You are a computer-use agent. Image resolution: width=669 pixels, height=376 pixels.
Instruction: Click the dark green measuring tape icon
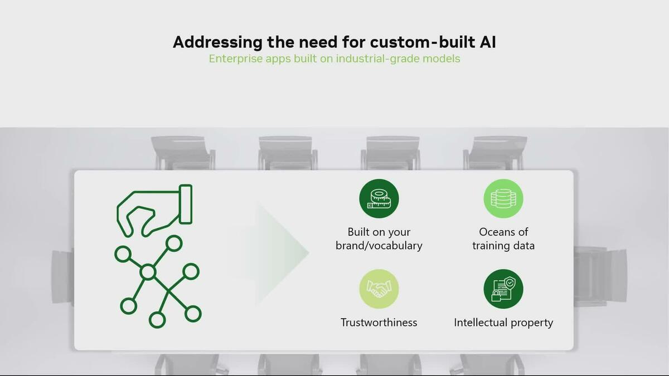pyautogui.click(x=379, y=199)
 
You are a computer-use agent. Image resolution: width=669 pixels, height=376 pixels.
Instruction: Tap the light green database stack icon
pyautogui.click(x=503, y=199)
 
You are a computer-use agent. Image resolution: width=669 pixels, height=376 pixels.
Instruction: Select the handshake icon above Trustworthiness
pyautogui.click(x=379, y=289)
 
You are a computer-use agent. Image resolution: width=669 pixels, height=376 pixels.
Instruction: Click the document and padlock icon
pyautogui.click(x=503, y=289)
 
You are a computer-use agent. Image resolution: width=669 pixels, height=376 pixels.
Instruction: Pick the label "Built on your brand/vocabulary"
pyautogui.click(x=379, y=238)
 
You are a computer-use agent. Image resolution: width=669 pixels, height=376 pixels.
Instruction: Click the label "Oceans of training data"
pyautogui.click(x=503, y=238)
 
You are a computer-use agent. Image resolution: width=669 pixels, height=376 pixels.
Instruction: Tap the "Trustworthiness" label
pyautogui.click(x=379, y=323)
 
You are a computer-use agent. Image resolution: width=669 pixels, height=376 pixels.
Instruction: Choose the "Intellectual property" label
pyautogui.click(x=503, y=323)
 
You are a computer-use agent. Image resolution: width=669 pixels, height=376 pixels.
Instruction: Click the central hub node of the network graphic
pyautogui.click(x=148, y=272)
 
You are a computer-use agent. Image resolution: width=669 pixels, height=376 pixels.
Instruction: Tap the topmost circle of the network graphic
pyautogui.click(x=174, y=243)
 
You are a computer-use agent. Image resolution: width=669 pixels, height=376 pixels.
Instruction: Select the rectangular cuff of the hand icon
pyautogui.click(x=185, y=204)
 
